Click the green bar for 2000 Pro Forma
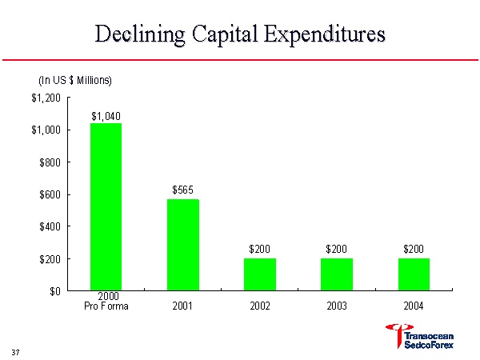(106, 206)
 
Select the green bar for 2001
(182, 245)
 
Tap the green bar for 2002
(259, 274)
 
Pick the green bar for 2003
(336, 274)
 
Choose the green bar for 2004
(413, 274)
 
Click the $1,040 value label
(106, 116)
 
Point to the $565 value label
(182, 190)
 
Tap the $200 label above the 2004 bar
(413, 249)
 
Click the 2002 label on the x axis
(259, 305)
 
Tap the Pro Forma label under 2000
(106, 306)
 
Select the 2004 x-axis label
(413, 305)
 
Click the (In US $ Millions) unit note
(75, 81)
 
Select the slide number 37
(15, 352)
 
